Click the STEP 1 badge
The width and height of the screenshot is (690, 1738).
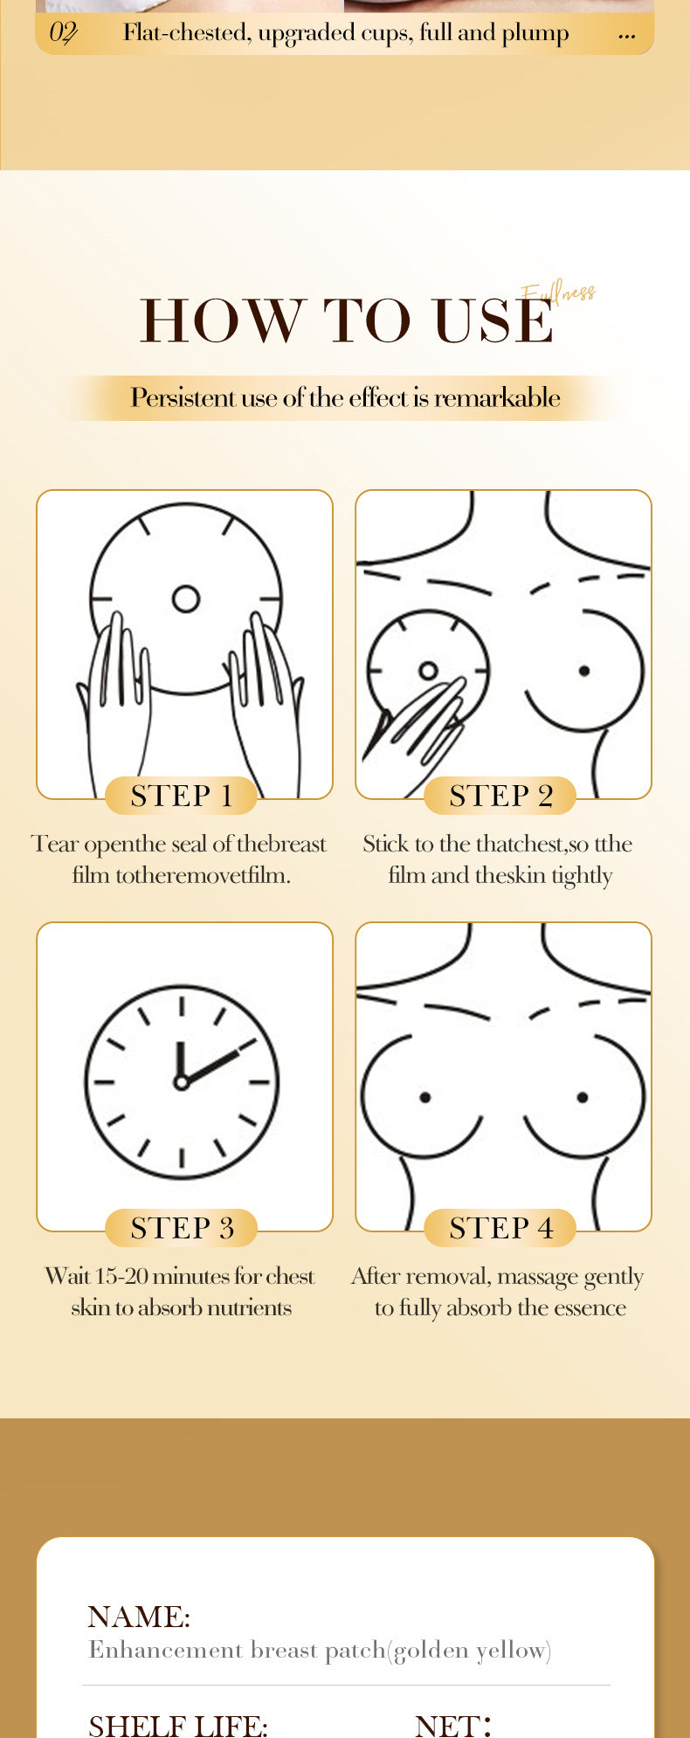pos(182,796)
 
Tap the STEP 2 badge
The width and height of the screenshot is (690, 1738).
pos(500,796)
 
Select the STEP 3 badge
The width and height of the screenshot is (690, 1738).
pos(182,1228)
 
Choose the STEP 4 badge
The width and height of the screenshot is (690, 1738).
pos(500,1228)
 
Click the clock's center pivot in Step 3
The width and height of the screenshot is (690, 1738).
pos(182,1083)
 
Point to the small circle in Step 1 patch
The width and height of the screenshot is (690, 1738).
pos(186,599)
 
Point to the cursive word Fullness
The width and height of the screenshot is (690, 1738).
pos(559,293)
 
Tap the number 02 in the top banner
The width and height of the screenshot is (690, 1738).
pos(63,33)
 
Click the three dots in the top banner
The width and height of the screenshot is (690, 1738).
pos(626,37)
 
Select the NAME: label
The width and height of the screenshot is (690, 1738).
pos(139,1617)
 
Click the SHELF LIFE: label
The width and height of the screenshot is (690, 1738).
pos(178,1725)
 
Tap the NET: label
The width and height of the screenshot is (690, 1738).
pos(453,1725)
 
